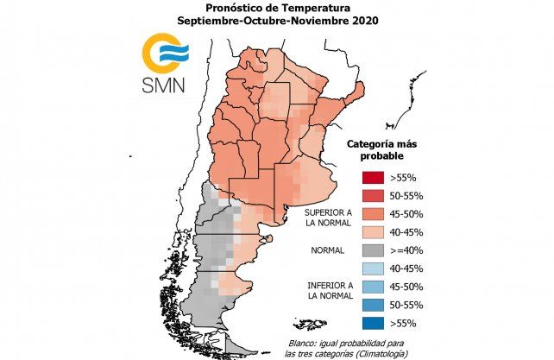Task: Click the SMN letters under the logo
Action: (165, 85)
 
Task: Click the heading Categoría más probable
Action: (381, 149)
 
